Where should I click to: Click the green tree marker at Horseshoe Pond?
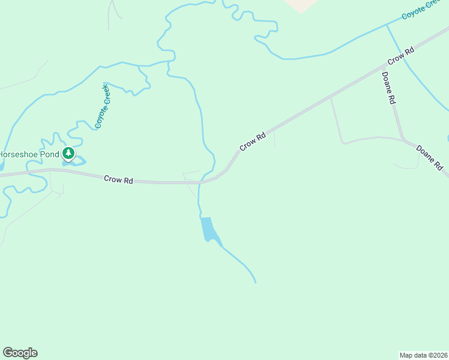[68, 154]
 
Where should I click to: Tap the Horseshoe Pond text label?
[29, 154]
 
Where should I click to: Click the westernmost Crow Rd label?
[118, 179]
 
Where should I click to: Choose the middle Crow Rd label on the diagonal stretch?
[253, 143]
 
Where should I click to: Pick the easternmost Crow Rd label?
[401, 56]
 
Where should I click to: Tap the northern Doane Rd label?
[388, 89]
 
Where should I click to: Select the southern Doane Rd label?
[430, 157]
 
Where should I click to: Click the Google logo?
[20, 353]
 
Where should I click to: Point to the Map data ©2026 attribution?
[424, 355]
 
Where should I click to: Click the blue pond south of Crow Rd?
[208, 229]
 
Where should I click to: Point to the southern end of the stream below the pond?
[256, 282]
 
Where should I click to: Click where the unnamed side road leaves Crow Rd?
[331, 97]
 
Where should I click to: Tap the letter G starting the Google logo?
[8, 353]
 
